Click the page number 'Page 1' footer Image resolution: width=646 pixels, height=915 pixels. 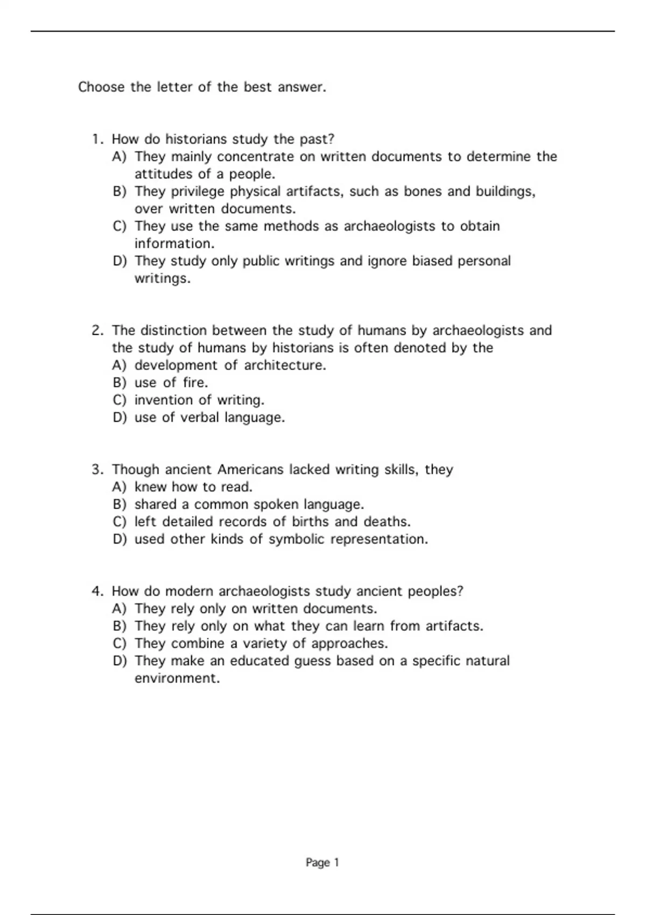[x=322, y=862]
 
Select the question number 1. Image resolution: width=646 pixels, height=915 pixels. [x=97, y=139]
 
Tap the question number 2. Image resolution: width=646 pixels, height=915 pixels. [x=97, y=330]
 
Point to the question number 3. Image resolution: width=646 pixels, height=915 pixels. [x=97, y=469]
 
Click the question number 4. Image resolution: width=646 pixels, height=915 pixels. [x=97, y=591]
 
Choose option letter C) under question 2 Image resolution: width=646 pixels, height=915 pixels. [x=119, y=400]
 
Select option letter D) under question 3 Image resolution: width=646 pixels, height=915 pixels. [x=119, y=539]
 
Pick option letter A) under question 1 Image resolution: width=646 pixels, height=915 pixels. [x=119, y=157]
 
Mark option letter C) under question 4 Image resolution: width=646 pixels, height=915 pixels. [x=119, y=643]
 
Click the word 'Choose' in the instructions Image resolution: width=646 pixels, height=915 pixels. [x=101, y=87]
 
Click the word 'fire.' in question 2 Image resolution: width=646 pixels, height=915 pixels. [x=195, y=383]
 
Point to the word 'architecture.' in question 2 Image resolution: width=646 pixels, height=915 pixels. [x=285, y=365]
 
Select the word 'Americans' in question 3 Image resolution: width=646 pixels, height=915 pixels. [x=250, y=469]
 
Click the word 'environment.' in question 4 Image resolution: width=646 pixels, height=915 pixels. [x=177, y=678]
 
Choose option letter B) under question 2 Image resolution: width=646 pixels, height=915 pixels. [x=119, y=383]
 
